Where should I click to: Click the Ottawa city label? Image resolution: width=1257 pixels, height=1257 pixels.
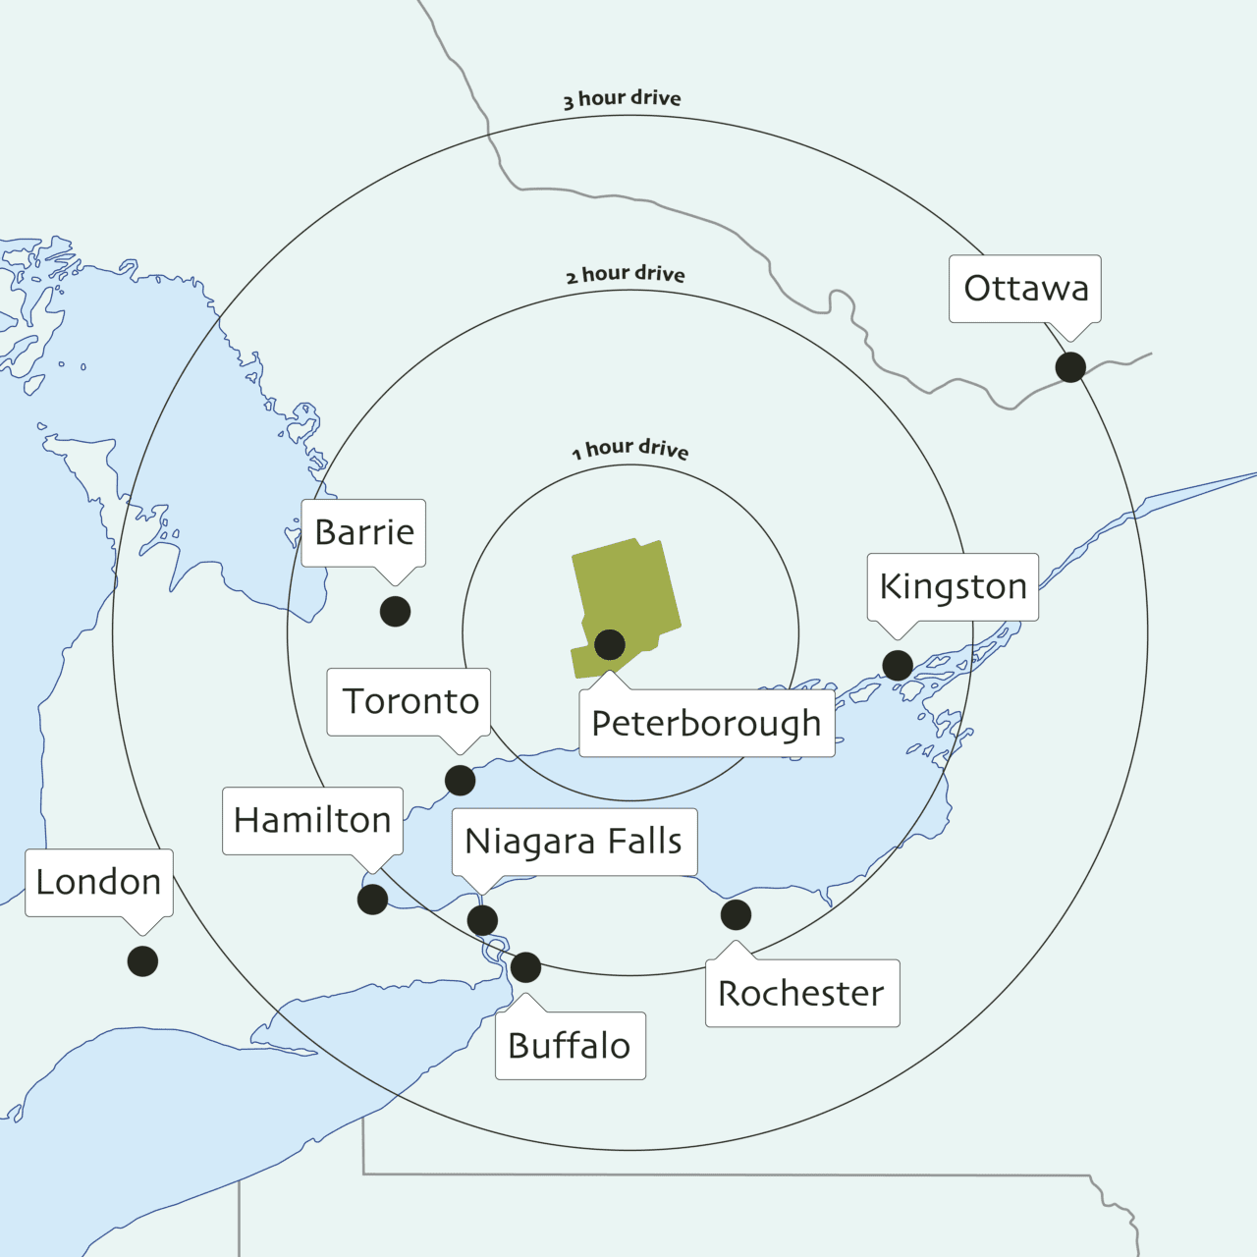click(1025, 289)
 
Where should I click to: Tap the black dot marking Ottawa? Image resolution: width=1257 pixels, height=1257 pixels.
click(1070, 367)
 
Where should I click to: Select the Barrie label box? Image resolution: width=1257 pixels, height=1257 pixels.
click(363, 532)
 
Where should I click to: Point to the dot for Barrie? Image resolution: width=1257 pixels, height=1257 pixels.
click(395, 611)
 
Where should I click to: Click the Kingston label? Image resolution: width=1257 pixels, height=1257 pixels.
click(953, 586)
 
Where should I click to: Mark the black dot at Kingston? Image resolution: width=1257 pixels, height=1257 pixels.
click(898, 665)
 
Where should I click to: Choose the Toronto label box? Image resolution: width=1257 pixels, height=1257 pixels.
click(410, 702)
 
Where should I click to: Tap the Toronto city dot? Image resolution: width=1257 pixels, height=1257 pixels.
click(460, 781)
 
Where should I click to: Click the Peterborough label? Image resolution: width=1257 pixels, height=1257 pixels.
click(706, 724)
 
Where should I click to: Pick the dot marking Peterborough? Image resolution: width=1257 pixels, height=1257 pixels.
click(610, 644)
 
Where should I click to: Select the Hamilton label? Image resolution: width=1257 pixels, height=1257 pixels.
click(312, 820)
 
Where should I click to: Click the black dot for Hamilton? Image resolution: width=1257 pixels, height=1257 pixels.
click(372, 899)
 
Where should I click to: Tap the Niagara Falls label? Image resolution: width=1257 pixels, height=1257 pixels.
click(574, 842)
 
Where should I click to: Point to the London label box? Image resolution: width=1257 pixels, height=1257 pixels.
click(98, 882)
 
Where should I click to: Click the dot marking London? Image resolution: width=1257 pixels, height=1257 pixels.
click(142, 961)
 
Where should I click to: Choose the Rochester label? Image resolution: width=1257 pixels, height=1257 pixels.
click(801, 994)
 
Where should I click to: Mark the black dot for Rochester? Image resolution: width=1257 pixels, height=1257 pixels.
click(736, 914)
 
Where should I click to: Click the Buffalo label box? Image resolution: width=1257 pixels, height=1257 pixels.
click(570, 1046)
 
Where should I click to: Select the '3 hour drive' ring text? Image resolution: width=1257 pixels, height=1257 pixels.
click(623, 98)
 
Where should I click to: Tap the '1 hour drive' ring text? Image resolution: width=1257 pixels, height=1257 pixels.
click(630, 449)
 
